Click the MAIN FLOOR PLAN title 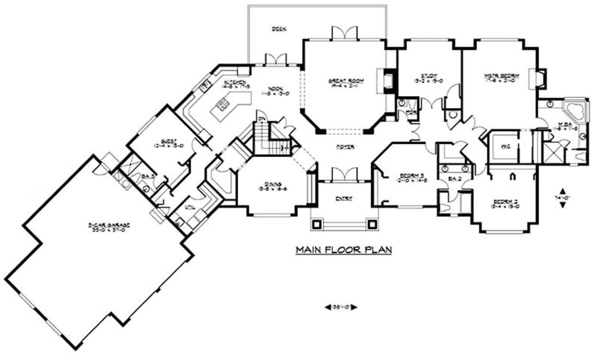point(343,250)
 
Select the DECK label point(278,28)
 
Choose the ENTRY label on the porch point(344,198)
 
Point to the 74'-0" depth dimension point(562,197)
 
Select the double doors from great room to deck point(344,33)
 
